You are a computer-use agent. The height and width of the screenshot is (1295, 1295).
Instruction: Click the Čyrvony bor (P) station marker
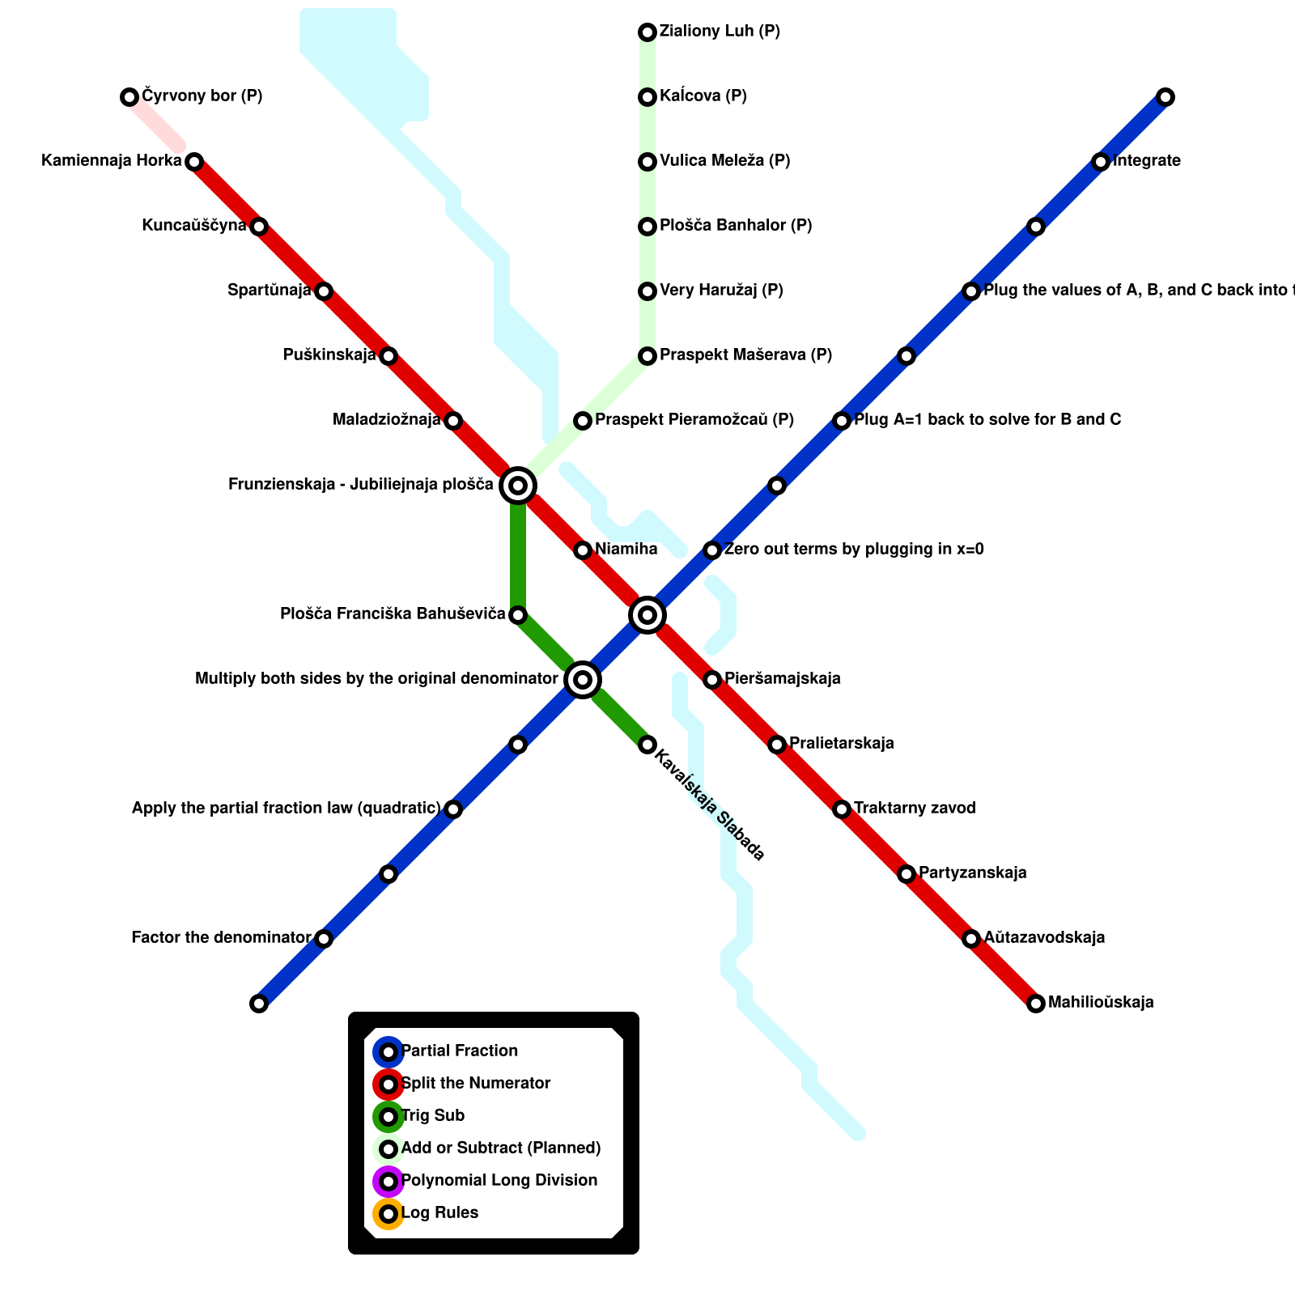129,97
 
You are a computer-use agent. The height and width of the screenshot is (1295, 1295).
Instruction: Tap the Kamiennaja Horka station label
112,161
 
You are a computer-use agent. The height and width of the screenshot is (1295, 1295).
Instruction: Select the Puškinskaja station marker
388,356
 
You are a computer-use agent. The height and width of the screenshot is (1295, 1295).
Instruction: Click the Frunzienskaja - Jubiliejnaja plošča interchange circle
518,486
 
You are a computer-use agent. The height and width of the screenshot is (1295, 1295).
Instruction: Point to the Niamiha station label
626,550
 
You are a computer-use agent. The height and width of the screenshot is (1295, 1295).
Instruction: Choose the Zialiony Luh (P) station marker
647,32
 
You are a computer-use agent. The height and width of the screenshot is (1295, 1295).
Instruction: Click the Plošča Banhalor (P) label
735,226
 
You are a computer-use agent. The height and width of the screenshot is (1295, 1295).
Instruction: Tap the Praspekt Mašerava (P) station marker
647,356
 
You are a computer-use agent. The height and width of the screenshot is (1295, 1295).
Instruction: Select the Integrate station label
1146,161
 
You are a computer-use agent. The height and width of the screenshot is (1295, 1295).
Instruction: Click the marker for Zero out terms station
712,550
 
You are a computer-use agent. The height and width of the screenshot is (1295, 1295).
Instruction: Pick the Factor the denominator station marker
324,939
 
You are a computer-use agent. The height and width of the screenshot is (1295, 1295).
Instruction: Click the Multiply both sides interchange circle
583,680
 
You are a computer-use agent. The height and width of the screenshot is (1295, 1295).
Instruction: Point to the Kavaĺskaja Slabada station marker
647,745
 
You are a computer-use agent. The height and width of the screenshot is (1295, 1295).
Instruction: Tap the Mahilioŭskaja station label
1101,1003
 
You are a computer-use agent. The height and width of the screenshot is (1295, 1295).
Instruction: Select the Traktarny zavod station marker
842,809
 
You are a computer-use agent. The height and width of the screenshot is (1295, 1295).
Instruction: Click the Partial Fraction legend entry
459,1051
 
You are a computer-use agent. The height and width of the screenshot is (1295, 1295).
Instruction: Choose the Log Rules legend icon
388,1214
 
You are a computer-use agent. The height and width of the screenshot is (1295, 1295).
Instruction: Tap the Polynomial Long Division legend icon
388,1182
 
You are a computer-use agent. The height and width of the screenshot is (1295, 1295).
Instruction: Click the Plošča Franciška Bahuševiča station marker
518,615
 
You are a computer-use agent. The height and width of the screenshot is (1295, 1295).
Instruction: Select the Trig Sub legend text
433,1116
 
